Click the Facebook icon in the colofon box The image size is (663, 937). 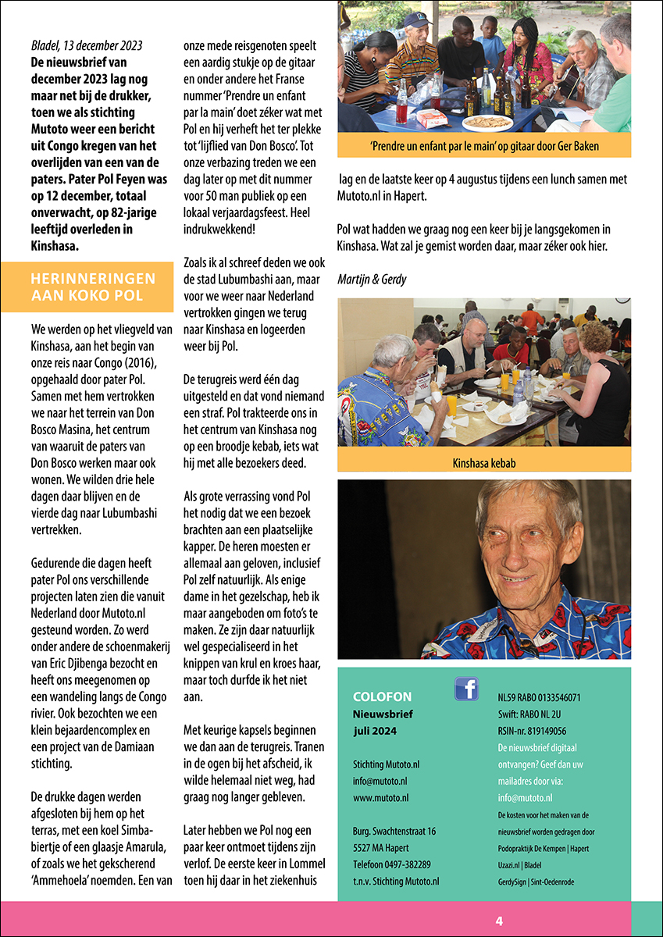click(466, 689)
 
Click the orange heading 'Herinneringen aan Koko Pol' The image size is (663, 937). click(93, 287)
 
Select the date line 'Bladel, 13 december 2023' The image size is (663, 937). click(86, 45)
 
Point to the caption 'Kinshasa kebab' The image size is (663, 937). click(484, 463)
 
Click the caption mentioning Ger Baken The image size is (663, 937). click(484, 145)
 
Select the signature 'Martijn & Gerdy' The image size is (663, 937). click(371, 280)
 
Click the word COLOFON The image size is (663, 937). click(382, 697)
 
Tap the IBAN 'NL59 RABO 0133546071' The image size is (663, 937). click(539, 697)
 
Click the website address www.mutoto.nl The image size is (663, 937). click(381, 798)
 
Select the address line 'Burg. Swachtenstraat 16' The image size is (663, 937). click(394, 831)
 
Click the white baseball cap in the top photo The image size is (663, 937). click(416, 20)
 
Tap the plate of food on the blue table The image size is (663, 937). click(487, 123)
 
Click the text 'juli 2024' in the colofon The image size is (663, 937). click(375, 731)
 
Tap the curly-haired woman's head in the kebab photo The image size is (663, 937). click(595, 339)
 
